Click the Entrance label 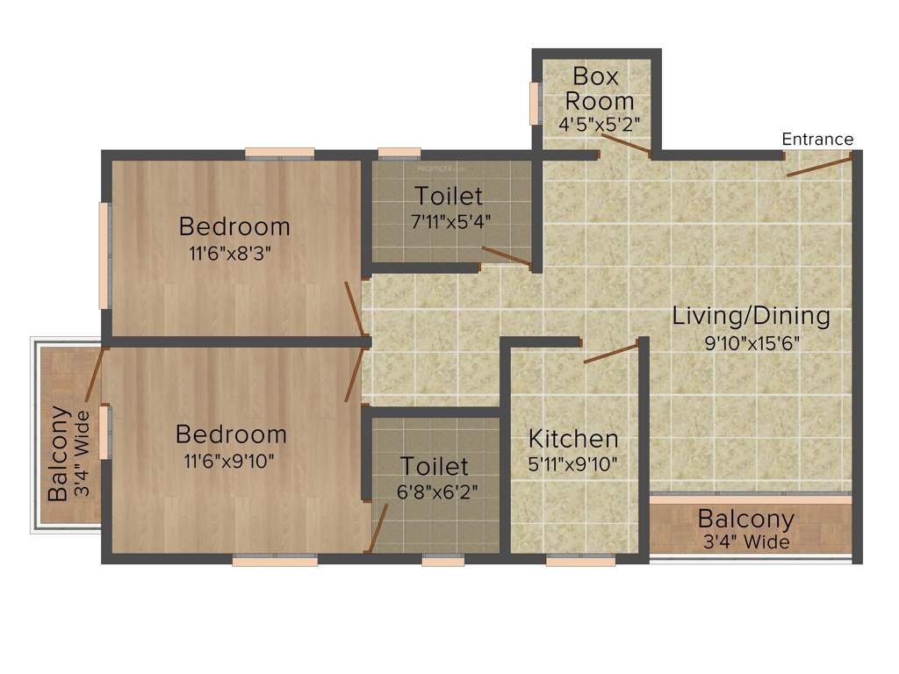click(817, 140)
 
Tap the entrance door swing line click(819, 167)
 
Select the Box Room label click(600, 88)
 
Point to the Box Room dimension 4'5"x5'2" click(600, 123)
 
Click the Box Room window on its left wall click(533, 104)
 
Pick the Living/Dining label click(751, 316)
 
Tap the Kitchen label click(573, 438)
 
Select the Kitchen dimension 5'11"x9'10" click(573, 464)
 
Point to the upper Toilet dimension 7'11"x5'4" click(449, 221)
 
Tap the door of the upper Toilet click(507, 255)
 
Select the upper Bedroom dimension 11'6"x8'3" click(234, 254)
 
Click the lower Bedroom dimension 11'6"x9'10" click(231, 460)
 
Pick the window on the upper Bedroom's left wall click(104, 255)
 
